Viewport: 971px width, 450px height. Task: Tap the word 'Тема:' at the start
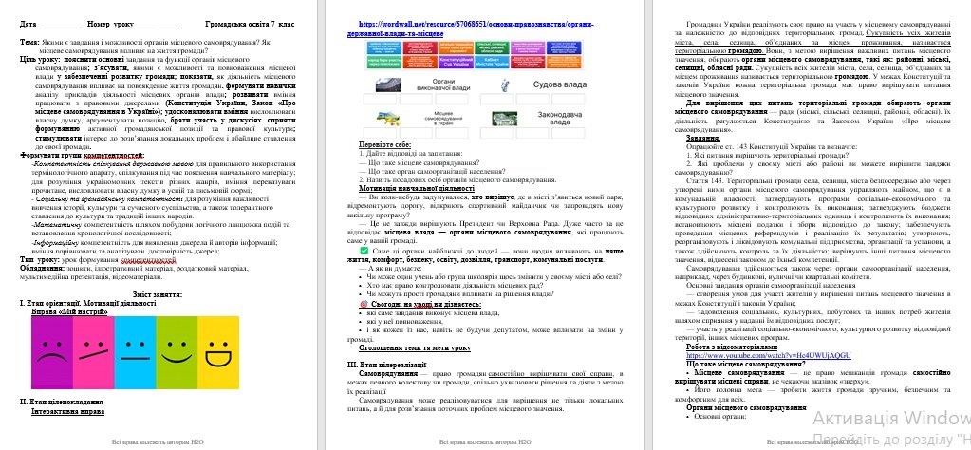pyautogui.click(x=29, y=44)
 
